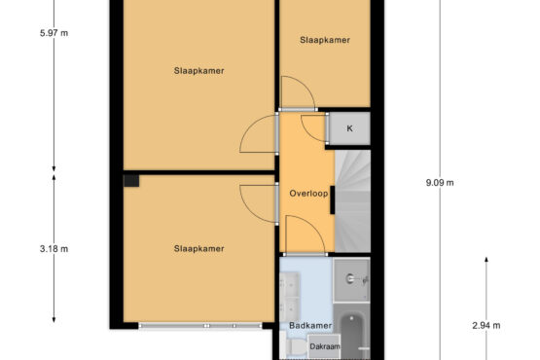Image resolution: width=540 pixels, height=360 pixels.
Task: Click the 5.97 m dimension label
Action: (54, 33)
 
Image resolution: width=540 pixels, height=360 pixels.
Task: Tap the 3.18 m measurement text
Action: (54, 248)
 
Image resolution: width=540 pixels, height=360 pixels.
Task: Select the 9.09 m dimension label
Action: (440, 183)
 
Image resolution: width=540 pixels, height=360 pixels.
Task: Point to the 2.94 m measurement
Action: (486, 325)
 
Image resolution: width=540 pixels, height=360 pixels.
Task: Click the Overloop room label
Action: (308, 194)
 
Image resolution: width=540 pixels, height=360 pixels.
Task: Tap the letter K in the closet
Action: (349, 128)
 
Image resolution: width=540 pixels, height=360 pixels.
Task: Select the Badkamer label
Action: (310, 325)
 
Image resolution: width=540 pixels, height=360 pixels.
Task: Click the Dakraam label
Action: (325, 346)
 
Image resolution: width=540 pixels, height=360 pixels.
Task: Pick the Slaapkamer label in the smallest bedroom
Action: (325, 40)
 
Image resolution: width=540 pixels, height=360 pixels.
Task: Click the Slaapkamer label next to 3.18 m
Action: (199, 248)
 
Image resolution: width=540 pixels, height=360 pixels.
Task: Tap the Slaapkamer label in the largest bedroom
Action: (199, 71)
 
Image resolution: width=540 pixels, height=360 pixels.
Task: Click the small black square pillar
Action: (131, 181)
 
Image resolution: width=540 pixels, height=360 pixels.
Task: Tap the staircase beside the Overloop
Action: (352, 200)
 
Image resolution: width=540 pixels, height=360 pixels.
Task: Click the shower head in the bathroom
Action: (350, 278)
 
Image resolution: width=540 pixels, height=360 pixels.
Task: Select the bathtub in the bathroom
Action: (352, 334)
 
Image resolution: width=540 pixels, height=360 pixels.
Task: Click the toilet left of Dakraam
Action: (294, 347)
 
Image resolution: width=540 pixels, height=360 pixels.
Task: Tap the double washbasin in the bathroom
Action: (290, 297)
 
